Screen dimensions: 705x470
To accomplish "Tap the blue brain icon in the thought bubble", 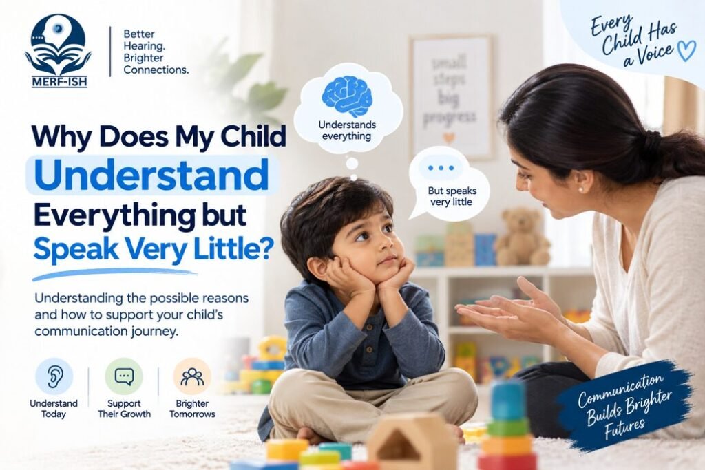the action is click(x=347, y=96).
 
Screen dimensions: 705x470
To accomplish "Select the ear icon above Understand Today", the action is click(x=54, y=376).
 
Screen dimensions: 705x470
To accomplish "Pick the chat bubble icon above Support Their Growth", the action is click(x=124, y=376).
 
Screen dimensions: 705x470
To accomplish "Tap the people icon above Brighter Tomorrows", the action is click(x=192, y=376).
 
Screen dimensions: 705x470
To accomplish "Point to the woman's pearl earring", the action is click(x=580, y=189).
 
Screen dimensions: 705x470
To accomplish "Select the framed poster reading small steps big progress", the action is click(x=450, y=97).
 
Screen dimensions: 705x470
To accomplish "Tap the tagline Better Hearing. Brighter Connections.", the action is click(x=156, y=52).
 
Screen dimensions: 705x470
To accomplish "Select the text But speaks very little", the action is click(x=452, y=196).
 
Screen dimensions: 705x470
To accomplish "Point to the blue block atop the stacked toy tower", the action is click(x=507, y=400).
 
